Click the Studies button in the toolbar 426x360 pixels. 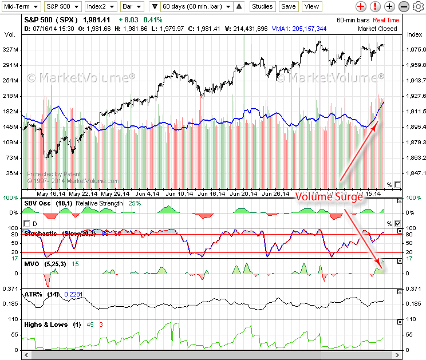[263, 6]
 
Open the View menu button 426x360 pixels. [311, 6]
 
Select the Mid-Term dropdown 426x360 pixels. [21, 6]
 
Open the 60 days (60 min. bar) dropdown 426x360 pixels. [196, 6]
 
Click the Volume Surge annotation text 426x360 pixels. [329, 197]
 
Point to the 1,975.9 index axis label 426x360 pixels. [415, 50]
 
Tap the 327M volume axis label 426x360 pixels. [11, 50]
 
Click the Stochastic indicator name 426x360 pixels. [41, 234]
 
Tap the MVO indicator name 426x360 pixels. [31, 263]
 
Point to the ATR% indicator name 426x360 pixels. [33, 294]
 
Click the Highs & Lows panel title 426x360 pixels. [46, 325]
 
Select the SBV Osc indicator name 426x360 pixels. [37, 203]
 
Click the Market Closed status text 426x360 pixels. [377, 28]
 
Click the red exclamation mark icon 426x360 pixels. [374, 6]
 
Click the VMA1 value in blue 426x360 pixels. [306, 28]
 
